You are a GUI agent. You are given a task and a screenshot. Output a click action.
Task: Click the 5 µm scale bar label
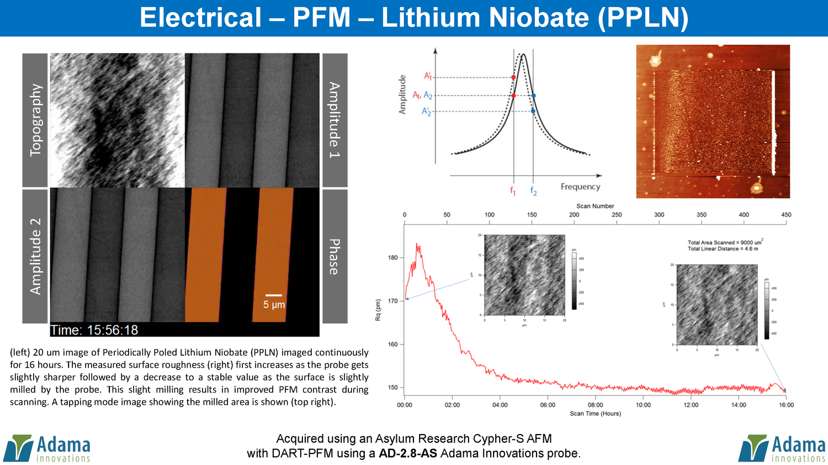[274, 305]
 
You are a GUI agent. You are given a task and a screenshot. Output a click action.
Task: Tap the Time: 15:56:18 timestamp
[94, 330]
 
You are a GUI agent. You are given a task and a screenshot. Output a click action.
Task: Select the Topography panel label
[35, 120]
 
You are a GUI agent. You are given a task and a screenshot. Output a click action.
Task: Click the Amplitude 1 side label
[335, 120]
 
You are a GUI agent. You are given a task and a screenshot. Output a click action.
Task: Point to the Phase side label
[335, 257]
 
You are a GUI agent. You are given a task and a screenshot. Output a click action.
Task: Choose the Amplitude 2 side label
[35, 256]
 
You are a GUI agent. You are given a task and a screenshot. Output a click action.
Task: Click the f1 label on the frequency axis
[513, 191]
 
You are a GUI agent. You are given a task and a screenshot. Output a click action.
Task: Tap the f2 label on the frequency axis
[533, 191]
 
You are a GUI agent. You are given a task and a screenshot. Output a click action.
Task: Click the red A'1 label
[428, 76]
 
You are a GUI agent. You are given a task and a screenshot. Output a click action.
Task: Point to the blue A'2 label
[426, 112]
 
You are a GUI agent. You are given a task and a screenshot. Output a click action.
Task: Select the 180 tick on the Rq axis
[392, 257]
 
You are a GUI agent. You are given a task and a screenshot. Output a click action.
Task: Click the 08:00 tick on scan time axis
[595, 405]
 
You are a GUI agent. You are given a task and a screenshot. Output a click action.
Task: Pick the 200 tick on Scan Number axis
[574, 215]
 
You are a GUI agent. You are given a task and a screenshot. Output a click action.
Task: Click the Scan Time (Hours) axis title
[595, 414]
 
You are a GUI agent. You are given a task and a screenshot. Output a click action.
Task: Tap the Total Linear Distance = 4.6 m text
[723, 249]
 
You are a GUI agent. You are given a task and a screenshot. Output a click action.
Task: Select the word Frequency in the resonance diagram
[580, 187]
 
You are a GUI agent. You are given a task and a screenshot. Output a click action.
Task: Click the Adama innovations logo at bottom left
[47, 448]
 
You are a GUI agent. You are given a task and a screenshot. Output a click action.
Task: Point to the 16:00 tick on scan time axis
[786, 405]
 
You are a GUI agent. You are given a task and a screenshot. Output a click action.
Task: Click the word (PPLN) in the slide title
[643, 18]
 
